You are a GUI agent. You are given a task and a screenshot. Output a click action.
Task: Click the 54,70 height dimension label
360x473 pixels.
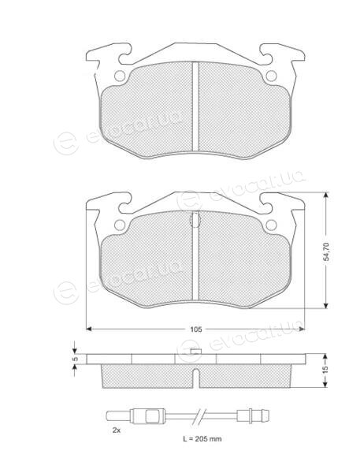point(326,251)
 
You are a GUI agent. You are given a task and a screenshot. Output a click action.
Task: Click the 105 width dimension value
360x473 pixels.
point(195,330)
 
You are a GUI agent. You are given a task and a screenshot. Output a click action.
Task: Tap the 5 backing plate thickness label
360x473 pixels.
point(76,359)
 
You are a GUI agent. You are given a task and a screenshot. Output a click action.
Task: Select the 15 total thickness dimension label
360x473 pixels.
point(325,371)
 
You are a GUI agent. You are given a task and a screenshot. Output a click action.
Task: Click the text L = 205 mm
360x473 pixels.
point(202,438)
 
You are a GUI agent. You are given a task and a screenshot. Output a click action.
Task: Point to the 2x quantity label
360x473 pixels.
point(117,430)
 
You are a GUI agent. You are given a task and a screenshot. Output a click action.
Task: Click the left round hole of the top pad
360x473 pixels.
point(120,76)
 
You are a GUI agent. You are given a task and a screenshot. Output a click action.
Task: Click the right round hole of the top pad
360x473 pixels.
point(271,76)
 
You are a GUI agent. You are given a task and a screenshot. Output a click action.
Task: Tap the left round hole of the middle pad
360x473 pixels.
point(120,225)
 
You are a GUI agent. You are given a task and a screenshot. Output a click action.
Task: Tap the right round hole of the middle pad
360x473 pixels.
point(271,225)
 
